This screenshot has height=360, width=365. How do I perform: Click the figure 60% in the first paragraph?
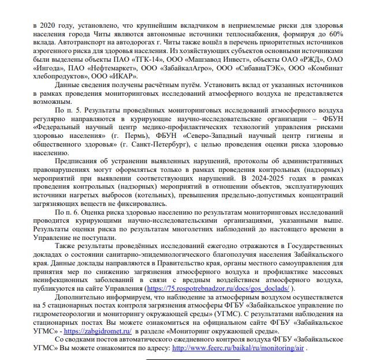336,35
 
